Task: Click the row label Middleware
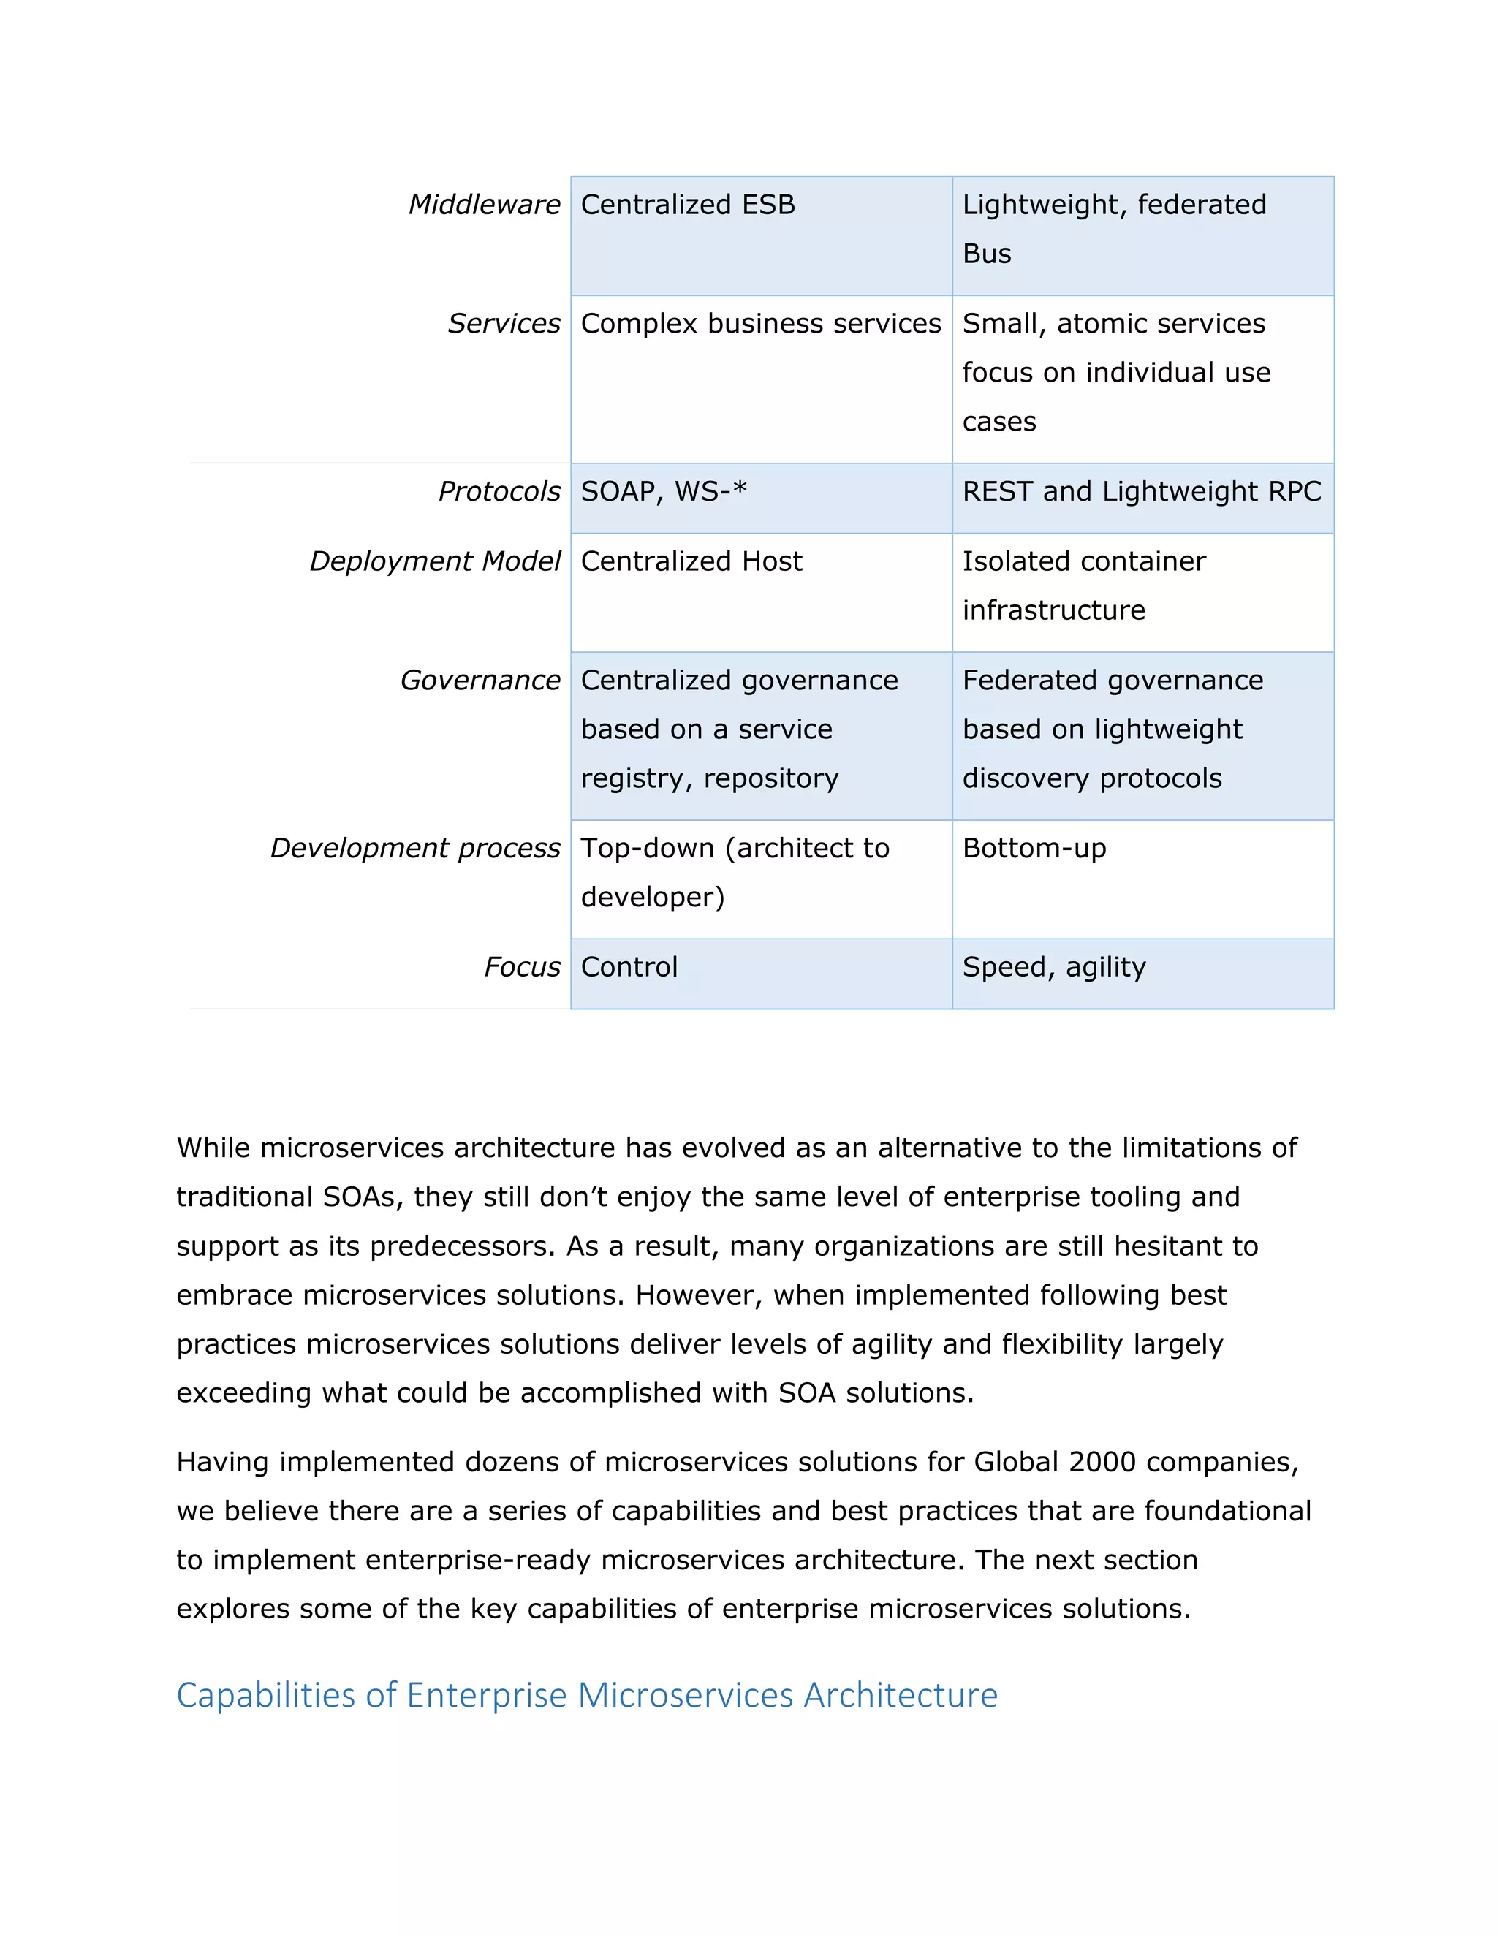483,205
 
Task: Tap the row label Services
503,324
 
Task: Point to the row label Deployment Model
435,561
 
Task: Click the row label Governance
480,681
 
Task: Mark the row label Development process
415,848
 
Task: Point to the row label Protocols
499,491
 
